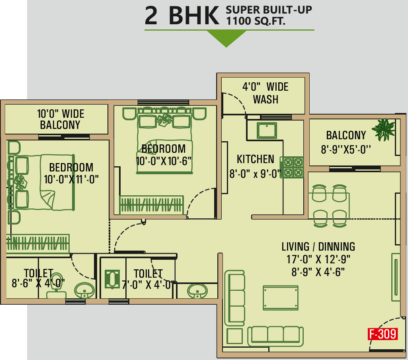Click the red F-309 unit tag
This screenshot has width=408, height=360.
click(x=383, y=334)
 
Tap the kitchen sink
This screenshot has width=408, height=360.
click(x=267, y=130)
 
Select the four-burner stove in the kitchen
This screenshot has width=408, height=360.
click(x=292, y=167)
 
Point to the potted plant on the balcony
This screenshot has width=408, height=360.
click(x=384, y=130)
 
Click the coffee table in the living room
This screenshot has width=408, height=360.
click(x=281, y=298)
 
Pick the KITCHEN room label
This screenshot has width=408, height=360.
click(x=255, y=159)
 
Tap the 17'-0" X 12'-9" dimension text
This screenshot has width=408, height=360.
click(x=318, y=259)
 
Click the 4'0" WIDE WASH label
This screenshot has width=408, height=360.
click(x=265, y=93)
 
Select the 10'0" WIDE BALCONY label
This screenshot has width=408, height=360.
click(x=61, y=119)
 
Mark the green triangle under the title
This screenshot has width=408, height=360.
click(x=226, y=38)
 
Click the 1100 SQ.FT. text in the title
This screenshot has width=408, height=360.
click(x=256, y=21)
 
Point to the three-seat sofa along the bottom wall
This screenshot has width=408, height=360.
click(x=275, y=336)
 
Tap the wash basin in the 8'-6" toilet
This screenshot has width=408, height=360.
click(x=84, y=290)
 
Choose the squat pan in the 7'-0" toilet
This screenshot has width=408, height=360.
click(x=112, y=279)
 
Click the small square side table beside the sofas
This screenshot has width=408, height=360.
click(x=234, y=336)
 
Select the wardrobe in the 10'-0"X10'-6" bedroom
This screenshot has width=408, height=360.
click(x=151, y=205)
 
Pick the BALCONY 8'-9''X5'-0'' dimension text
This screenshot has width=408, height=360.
click(x=346, y=150)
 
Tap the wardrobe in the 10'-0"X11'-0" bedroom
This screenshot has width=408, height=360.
click(x=38, y=244)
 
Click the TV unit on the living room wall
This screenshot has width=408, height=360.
click(x=396, y=277)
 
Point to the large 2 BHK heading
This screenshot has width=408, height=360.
click(x=182, y=16)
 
